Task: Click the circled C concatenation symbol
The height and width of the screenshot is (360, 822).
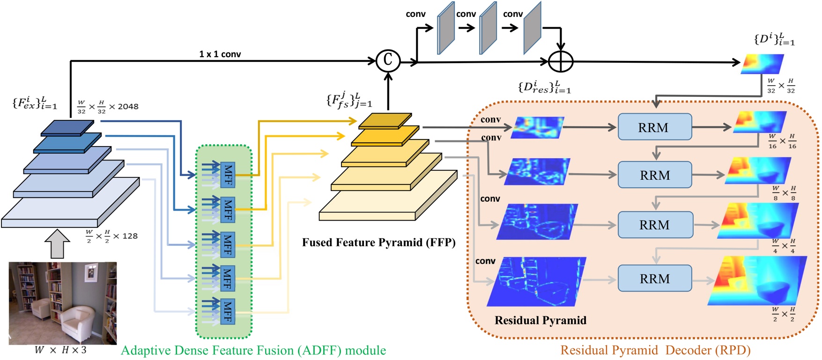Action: tap(388, 60)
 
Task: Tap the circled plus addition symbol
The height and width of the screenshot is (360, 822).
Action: tap(561, 61)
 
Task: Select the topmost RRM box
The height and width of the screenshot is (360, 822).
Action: tap(654, 127)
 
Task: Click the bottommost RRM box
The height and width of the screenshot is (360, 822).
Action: tap(654, 279)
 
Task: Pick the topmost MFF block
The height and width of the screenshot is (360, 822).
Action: tap(228, 176)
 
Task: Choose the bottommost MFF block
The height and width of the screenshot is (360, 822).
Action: tap(228, 311)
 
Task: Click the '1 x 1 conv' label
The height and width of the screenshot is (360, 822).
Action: tap(220, 54)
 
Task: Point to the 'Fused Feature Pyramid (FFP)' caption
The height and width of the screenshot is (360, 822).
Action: tap(378, 242)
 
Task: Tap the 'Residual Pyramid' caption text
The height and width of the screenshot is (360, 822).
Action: tap(540, 320)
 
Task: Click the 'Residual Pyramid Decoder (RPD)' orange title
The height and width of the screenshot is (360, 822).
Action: tap(655, 350)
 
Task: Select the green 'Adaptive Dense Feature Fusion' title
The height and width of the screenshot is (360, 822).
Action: tap(253, 350)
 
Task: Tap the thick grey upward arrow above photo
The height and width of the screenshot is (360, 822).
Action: tap(57, 244)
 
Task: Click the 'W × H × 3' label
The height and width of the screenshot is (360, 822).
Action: tap(60, 350)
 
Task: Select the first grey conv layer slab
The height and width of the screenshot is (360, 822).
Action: tap(445, 28)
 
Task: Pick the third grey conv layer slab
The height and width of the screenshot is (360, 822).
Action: tap(532, 28)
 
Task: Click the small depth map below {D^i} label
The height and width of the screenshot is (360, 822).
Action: tap(762, 64)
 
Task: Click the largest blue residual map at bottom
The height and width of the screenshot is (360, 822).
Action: tap(536, 281)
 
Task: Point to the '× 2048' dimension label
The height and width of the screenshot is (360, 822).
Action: tap(124, 107)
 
